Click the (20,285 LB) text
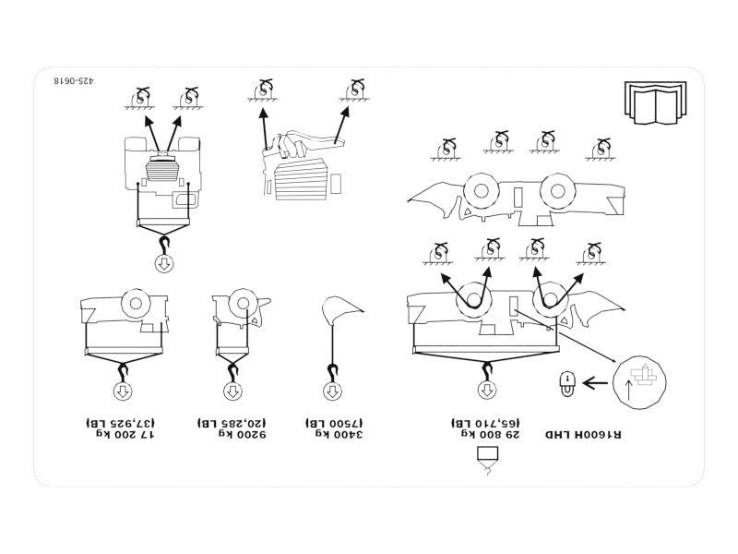(230, 420)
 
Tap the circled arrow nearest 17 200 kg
(122, 392)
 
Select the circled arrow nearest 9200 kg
(231, 392)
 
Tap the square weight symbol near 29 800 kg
(485, 454)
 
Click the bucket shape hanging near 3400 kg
(339, 312)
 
